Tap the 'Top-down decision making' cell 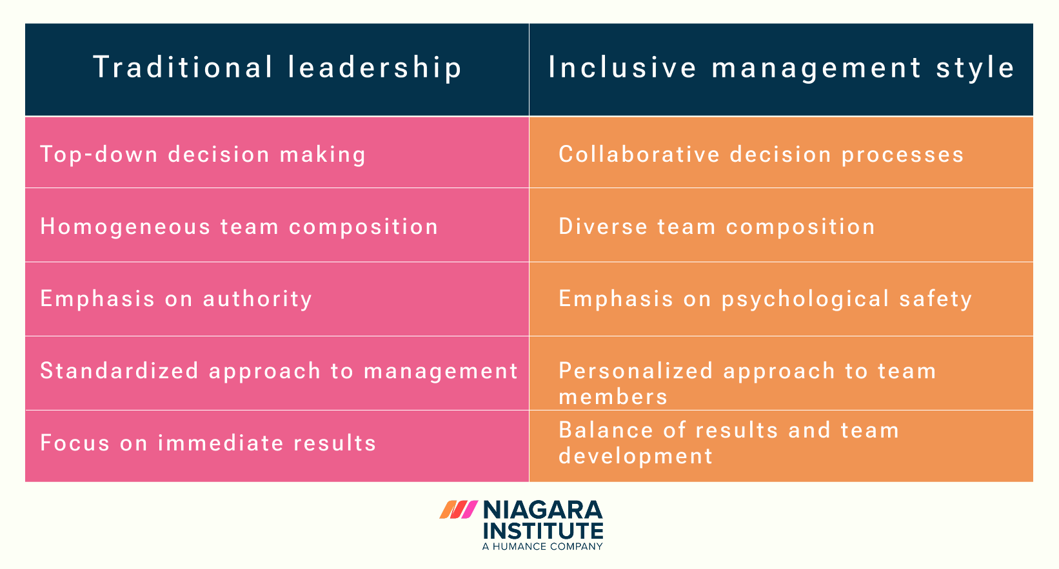click(203, 155)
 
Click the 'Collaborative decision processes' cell click(761, 155)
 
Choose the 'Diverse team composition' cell click(717, 227)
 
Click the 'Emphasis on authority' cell click(176, 299)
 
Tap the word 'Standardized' click(119, 371)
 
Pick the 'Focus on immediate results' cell click(208, 443)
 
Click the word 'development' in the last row click(635, 456)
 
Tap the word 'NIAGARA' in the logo click(542, 510)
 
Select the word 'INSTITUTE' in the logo click(542, 530)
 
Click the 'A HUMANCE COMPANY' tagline click(542, 546)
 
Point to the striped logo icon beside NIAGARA click(459, 510)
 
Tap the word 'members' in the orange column click(613, 397)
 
